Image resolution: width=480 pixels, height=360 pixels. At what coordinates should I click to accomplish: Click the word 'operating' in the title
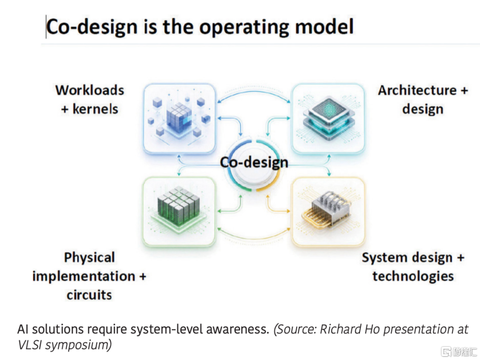coord(244,27)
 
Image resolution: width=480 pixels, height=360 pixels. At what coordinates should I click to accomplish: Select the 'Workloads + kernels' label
coord(90,100)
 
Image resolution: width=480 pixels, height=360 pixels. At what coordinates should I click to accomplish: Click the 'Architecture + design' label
coord(423,100)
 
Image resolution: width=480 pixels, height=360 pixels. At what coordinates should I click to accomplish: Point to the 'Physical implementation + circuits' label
coord(89,276)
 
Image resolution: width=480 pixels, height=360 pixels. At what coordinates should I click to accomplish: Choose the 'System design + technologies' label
coord(413,267)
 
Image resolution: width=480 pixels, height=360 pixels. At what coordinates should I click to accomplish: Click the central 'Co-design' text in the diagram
coord(254,162)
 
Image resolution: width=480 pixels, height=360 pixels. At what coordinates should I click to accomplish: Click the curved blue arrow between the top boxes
coord(254,92)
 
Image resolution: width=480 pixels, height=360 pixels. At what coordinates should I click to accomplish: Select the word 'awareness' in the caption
coord(237,329)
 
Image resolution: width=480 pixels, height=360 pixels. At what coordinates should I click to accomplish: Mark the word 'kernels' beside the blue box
coord(95,109)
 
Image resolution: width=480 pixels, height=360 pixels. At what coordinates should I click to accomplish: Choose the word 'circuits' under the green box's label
coord(89,295)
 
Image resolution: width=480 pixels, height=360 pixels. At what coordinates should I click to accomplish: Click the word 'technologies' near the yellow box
coord(413,276)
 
